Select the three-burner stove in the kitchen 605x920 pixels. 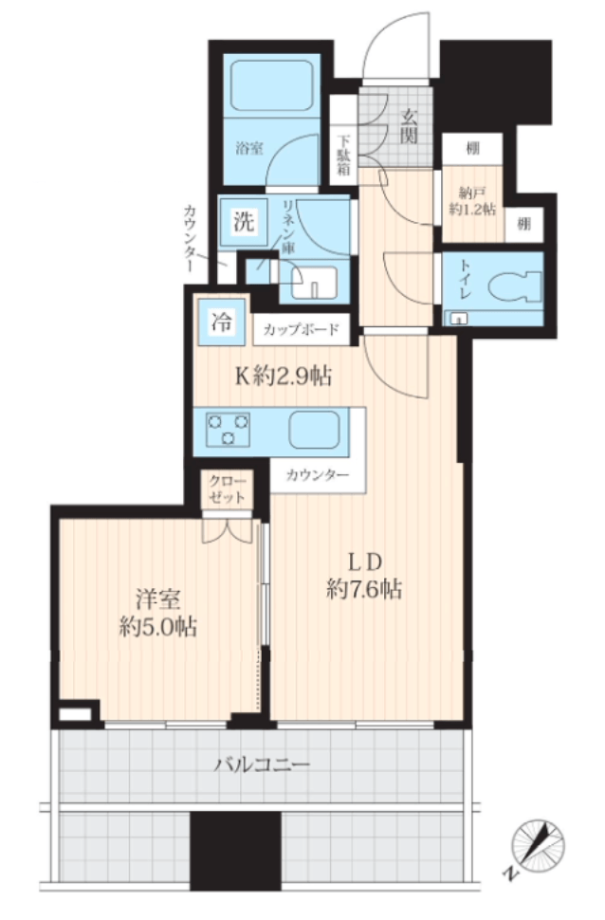[x=229, y=430]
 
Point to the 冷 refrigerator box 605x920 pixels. [x=221, y=322]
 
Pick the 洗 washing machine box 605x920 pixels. [x=244, y=222]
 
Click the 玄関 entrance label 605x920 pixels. [x=409, y=126]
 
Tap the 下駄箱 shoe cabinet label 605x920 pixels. [x=344, y=156]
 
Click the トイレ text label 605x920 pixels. [x=463, y=286]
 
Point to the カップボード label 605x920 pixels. [x=301, y=330]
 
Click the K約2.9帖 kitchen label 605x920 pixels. [x=284, y=377]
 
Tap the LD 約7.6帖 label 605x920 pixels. [x=364, y=576]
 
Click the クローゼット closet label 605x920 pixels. [x=227, y=489]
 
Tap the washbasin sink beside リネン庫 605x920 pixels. [x=313, y=282]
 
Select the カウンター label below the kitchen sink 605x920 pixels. [x=318, y=475]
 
